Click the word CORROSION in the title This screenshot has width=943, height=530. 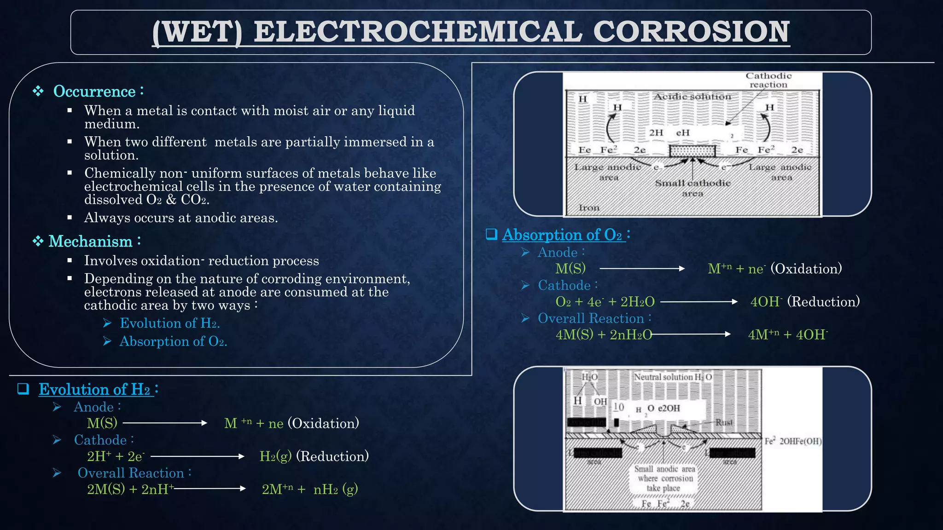(x=691, y=32)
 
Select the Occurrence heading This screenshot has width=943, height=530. (x=94, y=91)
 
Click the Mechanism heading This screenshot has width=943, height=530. (x=90, y=241)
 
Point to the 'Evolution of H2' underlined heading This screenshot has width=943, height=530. (x=95, y=389)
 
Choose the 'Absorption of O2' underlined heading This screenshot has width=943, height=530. (x=563, y=235)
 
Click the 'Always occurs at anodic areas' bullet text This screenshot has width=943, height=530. (x=181, y=218)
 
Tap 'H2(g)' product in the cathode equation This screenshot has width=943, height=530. (x=275, y=456)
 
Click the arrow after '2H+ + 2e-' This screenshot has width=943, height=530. (x=198, y=456)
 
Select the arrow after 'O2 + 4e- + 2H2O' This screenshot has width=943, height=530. (x=699, y=302)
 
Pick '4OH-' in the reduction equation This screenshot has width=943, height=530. (x=766, y=302)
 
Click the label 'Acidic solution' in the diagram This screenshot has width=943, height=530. (x=692, y=97)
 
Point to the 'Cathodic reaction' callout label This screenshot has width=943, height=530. (x=768, y=80)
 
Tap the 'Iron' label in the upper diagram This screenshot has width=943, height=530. (x=589, y=207)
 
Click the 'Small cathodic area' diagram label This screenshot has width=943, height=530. (x=693, y=188)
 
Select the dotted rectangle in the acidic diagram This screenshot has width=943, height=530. (x=692, y=151)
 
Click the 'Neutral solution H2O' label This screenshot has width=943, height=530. (x=673, y=377)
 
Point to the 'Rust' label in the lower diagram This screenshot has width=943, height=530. (x=724, y=422)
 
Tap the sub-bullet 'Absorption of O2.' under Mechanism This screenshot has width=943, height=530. (x=173, y=341)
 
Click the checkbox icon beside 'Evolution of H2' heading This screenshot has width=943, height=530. (x=23, y=389)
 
